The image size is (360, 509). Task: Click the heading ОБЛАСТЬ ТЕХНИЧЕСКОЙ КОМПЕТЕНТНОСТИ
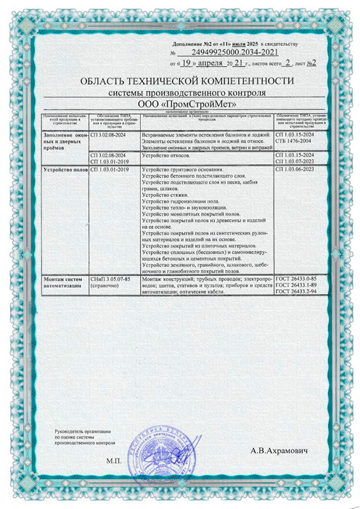point(181,81)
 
